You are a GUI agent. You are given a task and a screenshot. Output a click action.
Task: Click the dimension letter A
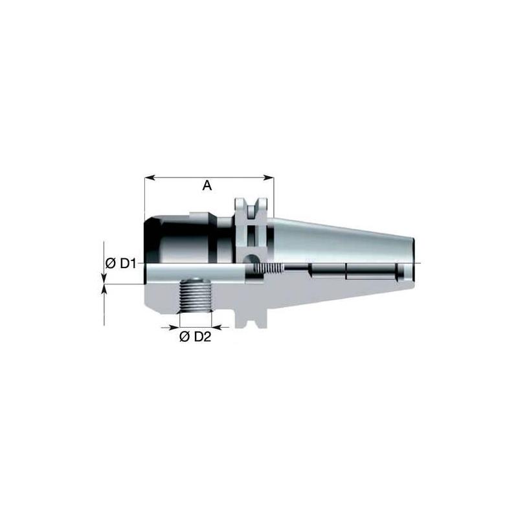[207, 186]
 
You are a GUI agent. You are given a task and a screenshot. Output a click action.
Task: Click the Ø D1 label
[120, 263]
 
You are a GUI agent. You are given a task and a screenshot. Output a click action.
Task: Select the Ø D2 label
[195, 337]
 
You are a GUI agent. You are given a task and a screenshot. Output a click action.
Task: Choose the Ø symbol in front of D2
[183, 337]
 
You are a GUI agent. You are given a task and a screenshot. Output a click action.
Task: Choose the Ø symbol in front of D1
[109, 263]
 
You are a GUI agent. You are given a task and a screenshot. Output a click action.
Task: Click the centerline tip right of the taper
[420, 263]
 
